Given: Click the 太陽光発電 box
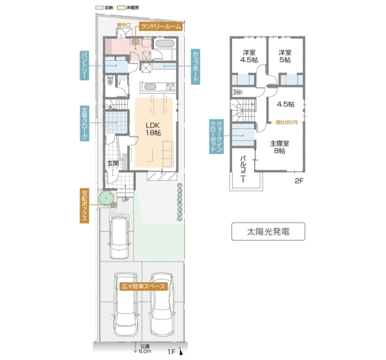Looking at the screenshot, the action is tap(268, 231).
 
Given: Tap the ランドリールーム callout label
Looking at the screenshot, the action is tap(161, 26).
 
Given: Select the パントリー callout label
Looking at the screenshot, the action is tap(84, 65).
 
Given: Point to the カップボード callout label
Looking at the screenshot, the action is tap(196, 67).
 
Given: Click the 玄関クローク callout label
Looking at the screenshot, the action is tap(84, 123).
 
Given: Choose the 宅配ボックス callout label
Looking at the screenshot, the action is tap(84, 206).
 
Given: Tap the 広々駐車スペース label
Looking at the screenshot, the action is tap(144, 286).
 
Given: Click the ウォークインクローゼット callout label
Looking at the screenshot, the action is tap(216, 137).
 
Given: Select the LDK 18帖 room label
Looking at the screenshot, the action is tap(153, 129).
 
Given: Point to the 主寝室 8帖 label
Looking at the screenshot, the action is tap(279, 147).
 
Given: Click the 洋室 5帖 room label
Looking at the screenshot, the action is tap(285, 56).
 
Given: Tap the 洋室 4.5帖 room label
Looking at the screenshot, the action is tap(249, 56).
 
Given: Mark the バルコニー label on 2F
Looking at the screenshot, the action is tap(243, 169).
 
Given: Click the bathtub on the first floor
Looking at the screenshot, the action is tap(165, 43).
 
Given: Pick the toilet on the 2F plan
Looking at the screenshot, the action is tap(237, 93).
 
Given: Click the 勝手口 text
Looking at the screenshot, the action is tap(124, 25).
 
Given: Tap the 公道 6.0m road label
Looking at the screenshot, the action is tap(145, 349).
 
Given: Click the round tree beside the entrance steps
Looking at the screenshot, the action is tap(107, 197).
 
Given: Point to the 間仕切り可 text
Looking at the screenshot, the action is tap(287, 122).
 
